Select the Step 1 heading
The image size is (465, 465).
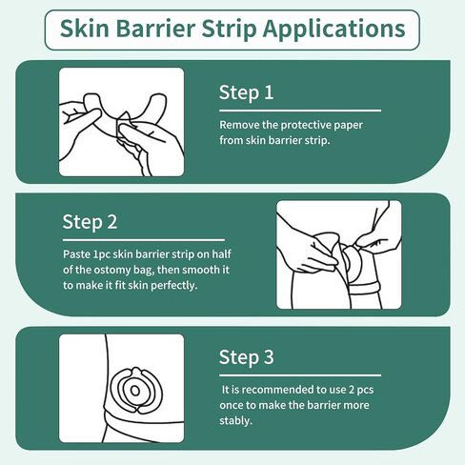coord(246,93)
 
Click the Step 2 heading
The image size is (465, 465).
coord(90,222)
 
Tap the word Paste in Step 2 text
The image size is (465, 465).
coord(79,254)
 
